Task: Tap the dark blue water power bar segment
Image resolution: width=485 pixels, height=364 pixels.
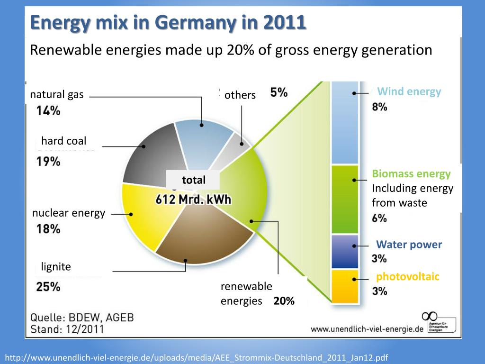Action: click(344, 251)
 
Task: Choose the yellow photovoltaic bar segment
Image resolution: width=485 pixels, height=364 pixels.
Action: click(344, 286)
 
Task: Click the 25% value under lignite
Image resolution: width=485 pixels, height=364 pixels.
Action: click(48, 287)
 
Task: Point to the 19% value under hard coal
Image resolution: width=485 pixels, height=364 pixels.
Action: click(48, 162)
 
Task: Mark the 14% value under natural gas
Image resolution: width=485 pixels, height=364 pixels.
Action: click(48, 111)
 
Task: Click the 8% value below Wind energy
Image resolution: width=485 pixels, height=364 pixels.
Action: click(379, 107)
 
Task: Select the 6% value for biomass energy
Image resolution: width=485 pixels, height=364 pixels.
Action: click(379, 218)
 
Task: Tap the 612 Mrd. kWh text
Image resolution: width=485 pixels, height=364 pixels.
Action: click(193, 200)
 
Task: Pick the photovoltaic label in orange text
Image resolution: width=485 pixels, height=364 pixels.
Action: click(408, 277)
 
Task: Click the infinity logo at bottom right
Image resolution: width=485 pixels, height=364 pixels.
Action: click(430, 316)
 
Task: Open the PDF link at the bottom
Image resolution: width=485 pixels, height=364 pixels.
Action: click(196, 357)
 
